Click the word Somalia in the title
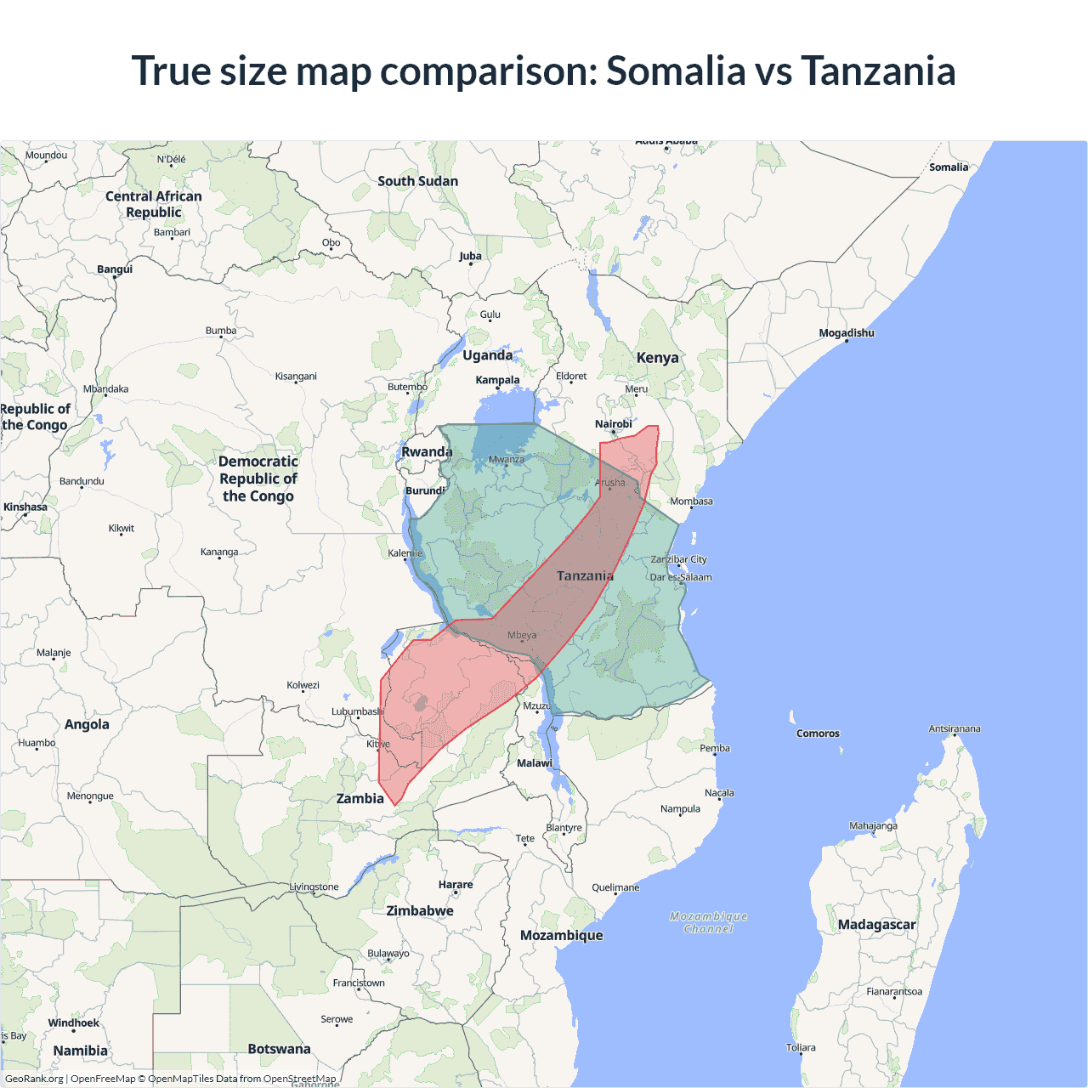(675, 71)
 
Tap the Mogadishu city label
(846, 333)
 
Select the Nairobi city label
(613, 424)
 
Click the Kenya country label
(657, 358)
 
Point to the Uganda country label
(487, 355)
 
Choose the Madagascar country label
(876, 925)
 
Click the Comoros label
(818, 734)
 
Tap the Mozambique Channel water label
(708, 922)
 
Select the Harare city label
(456, 885)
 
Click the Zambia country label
(360, 799)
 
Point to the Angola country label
(87, 724)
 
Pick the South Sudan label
(417, 181)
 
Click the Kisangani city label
(296, 377)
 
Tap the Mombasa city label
(691, 501)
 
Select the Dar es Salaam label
(681, 577)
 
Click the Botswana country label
(279, 1049)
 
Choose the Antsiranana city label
(954, 729)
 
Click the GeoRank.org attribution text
(34, 1079)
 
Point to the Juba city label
(470, 256)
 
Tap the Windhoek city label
(73, 1023)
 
